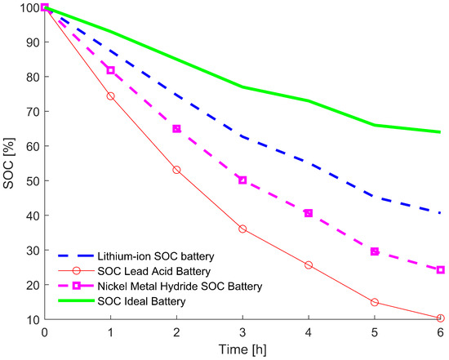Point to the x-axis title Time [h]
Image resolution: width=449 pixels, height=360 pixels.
tap(242, 350)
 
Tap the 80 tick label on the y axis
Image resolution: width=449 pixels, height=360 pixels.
tap(30, 77)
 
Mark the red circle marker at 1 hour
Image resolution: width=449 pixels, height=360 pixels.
tap(110, 96)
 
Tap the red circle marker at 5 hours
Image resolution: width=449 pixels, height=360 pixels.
tap(375, 302)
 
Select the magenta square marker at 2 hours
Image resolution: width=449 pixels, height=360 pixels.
tap(176, 129)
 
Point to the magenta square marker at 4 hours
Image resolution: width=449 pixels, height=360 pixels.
tap(309, 213)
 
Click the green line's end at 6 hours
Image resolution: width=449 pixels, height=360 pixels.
tap(441, 132)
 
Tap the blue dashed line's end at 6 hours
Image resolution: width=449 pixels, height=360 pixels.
tap(441, 213)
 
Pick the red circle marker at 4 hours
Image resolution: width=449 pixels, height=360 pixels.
tap(309, 265)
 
